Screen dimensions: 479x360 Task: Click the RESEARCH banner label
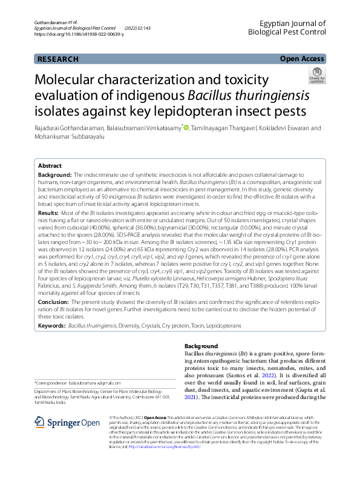pyautogui.click(x=57, y=59)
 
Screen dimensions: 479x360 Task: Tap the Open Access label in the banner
pyautogui.click(x=302, y=59)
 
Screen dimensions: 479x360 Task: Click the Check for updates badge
pyautogui.click(x=316, y=76)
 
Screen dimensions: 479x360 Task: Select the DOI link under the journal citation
pyautogui.click(x=79, y=34)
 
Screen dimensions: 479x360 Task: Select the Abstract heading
pyautogui.click(x=50, y=165)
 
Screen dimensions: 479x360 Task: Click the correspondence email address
pyautogui.click(x=94, y=383)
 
